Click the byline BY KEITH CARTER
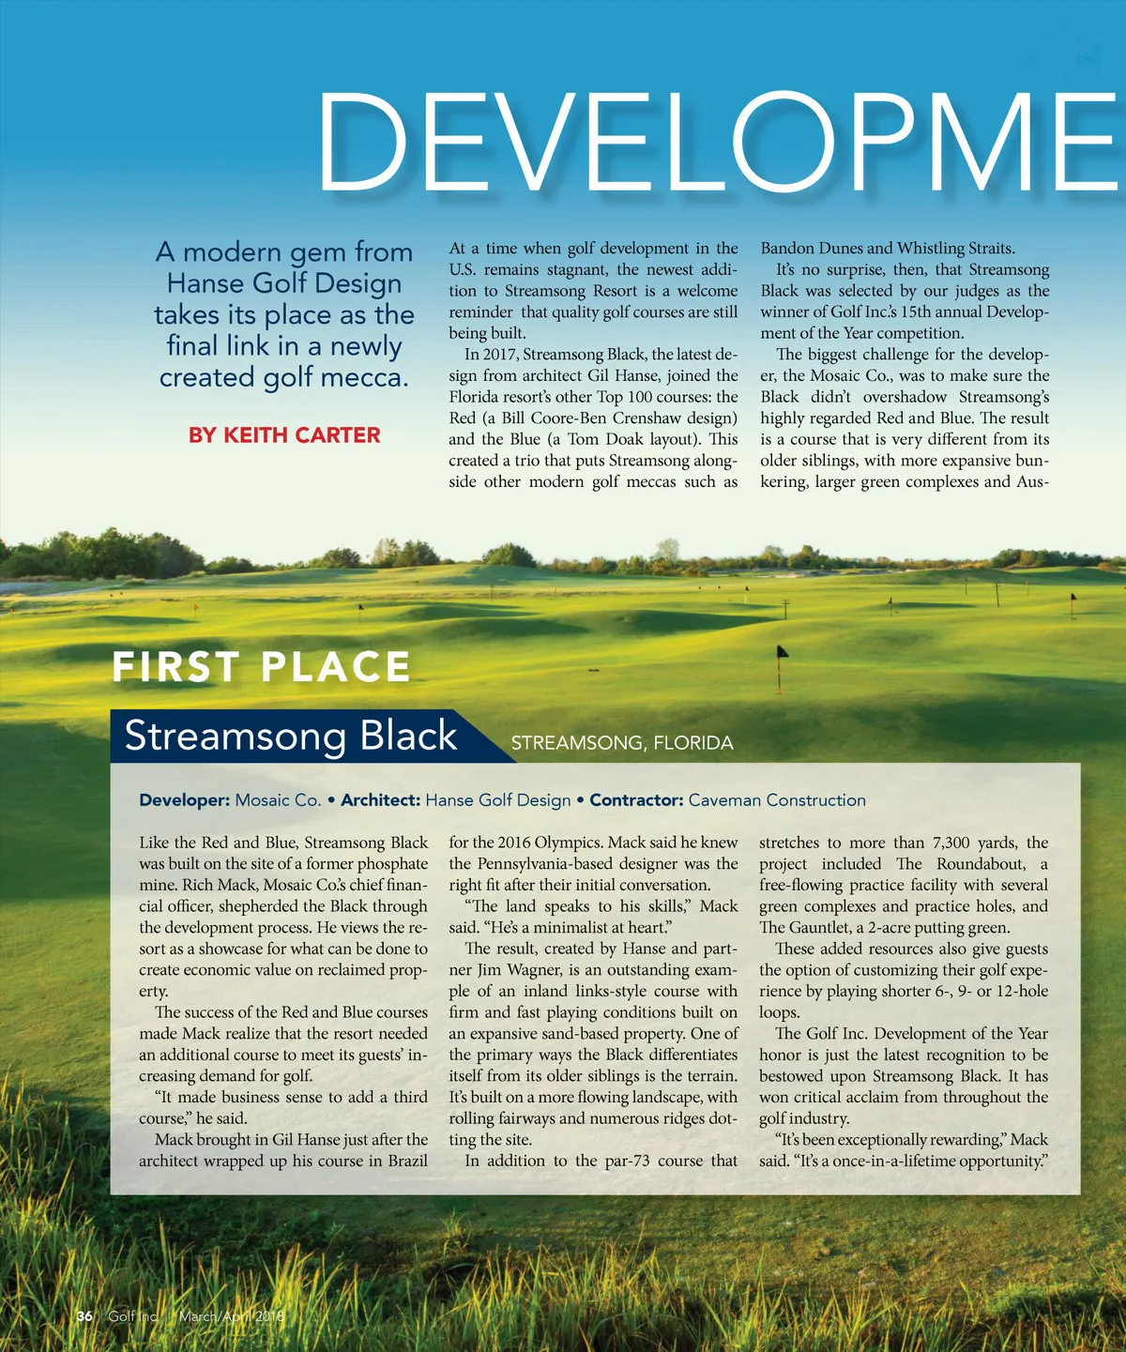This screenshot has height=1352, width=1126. tap(284, 435)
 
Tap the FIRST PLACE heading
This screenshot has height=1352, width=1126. tap(261, 667)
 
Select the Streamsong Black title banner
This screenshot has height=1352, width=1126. tap(291, 736)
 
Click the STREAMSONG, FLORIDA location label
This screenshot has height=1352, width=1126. tap(621, 743)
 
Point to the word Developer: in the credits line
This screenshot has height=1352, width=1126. tap(184, 800)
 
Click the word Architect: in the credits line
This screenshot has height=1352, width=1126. tap(380, 800)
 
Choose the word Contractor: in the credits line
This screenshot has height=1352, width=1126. tap(635, 800)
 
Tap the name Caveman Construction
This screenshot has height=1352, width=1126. tap(777, 800)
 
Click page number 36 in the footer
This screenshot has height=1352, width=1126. tap(84, 1316)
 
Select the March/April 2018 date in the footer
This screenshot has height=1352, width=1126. tap(231, 1316)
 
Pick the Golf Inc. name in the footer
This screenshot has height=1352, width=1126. tap(132, 1316)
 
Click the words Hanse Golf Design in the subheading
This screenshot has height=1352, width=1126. tap(283, 283)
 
